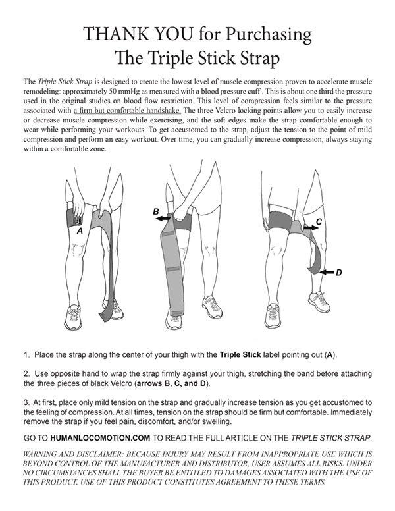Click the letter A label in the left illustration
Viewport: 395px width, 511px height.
click(80, 231)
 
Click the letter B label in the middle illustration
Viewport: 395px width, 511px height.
click(155, 211)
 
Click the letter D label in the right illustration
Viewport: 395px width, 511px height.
click(338, 272)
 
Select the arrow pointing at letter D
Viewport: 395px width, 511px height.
click(323, 271)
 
